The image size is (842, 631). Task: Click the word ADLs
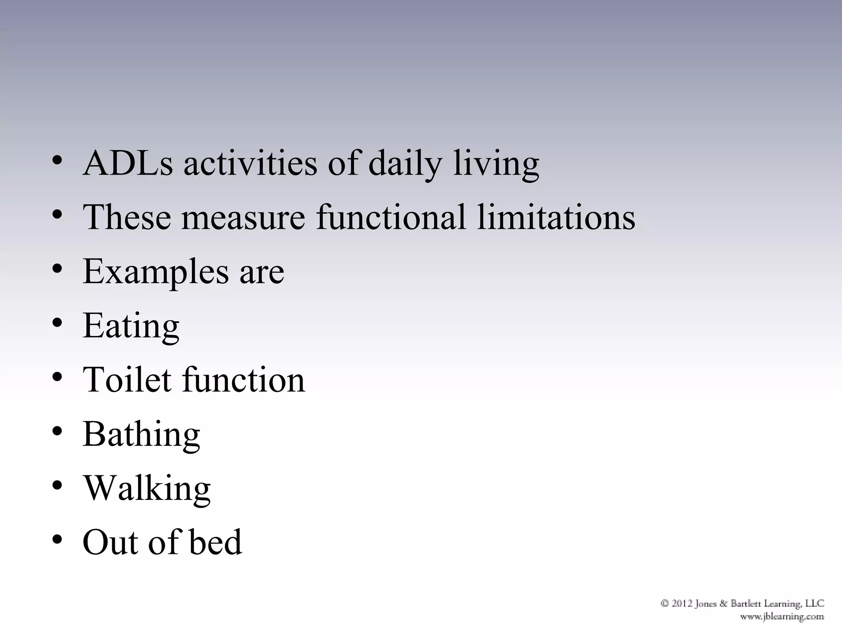(127, 163)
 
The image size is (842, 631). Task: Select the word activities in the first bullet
(250, 163)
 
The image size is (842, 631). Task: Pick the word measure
(243, 218)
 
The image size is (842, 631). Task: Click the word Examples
(156, 272)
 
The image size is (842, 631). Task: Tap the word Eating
(131, 326)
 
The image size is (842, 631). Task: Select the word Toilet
(127, 380)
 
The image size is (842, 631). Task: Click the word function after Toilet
(243, 380)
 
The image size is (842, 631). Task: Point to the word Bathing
(141, 435)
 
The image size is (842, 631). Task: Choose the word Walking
(147, 489)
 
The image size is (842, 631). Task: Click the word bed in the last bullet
(215, 542)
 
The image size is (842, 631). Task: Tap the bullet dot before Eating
(57, 322)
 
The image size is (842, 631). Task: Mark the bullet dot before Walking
(57, 485)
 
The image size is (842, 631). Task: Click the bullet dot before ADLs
(57, 159)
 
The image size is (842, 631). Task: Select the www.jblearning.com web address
(782, 616)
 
